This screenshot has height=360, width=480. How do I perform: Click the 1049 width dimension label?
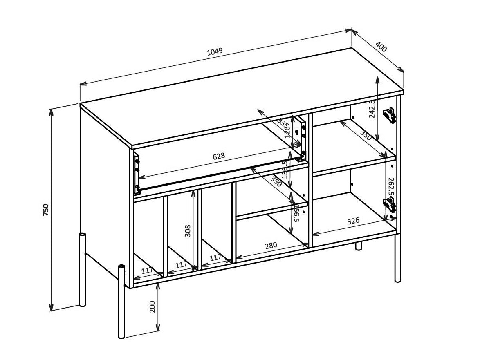[x=215, y=51]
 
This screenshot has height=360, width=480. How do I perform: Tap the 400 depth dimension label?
[x=380, y=47]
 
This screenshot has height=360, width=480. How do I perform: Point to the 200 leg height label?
[x=153, y=307]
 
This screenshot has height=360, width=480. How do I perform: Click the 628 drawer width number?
[x=219, y=157]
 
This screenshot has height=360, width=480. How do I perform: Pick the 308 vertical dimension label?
[x=187, y=231]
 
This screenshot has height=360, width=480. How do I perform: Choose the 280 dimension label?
[x=271, y=246]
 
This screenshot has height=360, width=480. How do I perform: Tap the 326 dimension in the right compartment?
[x=353, y=221]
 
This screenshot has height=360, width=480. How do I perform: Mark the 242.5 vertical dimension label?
[x=372, y=108]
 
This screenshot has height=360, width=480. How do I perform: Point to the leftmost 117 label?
[x=147, y=270]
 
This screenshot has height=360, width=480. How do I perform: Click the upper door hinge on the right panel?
[x=389, y=115]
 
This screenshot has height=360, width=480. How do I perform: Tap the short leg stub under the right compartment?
[x=359, y=246]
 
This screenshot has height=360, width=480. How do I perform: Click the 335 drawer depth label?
[x=283, y=123]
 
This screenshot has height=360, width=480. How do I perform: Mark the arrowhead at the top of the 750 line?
[x=51, y=112]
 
